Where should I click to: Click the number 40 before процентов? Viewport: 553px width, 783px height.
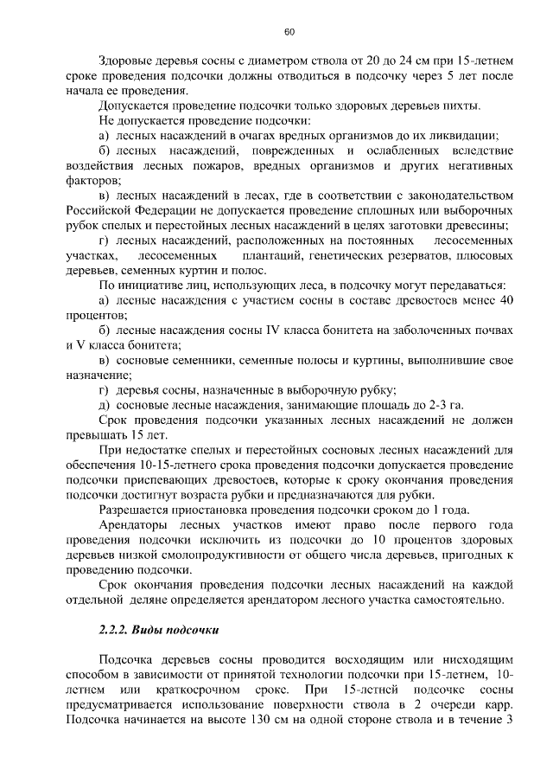[x=508, y=299]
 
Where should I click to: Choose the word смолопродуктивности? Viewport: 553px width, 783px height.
[x=226, y=555]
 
